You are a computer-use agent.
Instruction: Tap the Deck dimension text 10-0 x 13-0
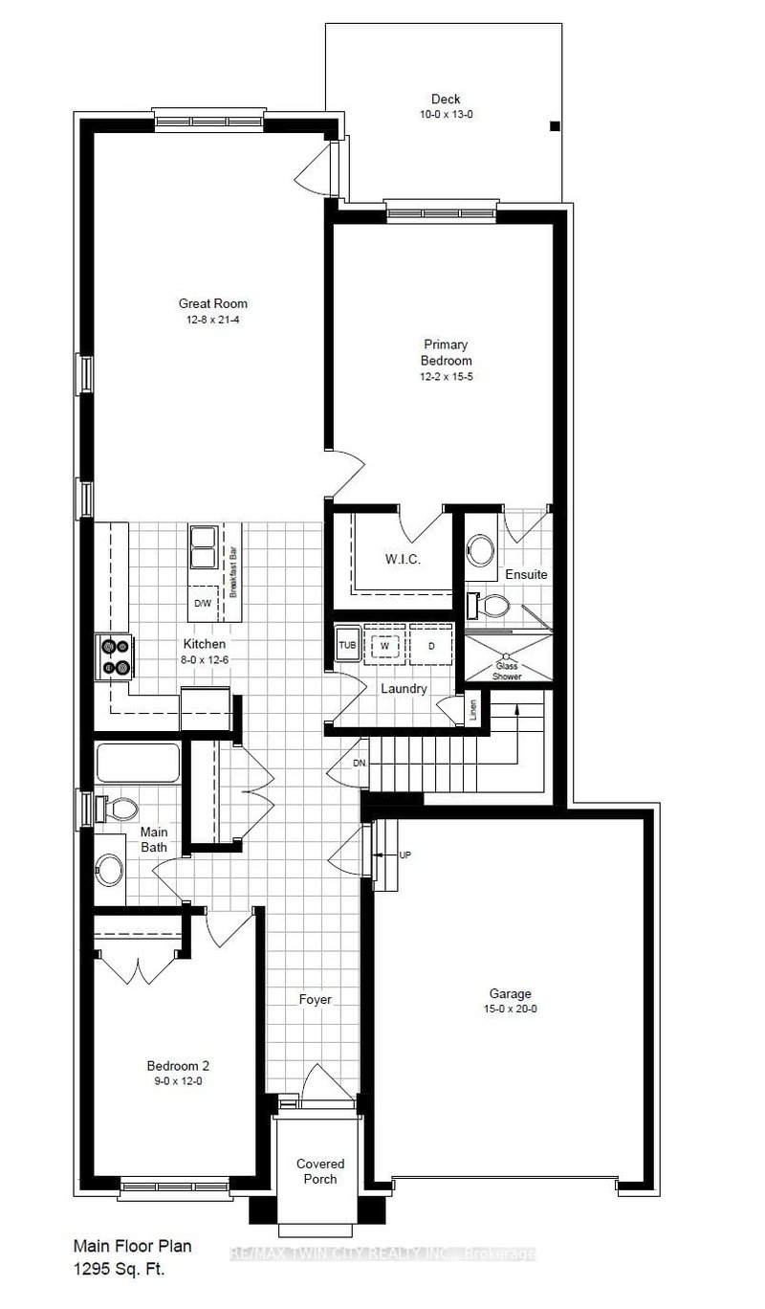coord(446,114)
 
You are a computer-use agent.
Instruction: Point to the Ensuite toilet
coord(493,604)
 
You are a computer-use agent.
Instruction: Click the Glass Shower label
coord(507,670)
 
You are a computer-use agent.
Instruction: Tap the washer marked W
coord(384,645)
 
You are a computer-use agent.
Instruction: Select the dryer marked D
coord(431,645)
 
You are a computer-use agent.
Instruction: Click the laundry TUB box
coord(346,645)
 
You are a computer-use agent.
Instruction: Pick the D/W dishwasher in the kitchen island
coord(202,603)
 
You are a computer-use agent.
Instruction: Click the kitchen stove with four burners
coord(115,657)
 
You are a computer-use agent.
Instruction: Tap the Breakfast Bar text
coord(232,571)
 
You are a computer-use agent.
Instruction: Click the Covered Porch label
coord(319,1171)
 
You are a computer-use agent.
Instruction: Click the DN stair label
coord(360,763)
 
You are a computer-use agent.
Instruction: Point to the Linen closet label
coord(473,710)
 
